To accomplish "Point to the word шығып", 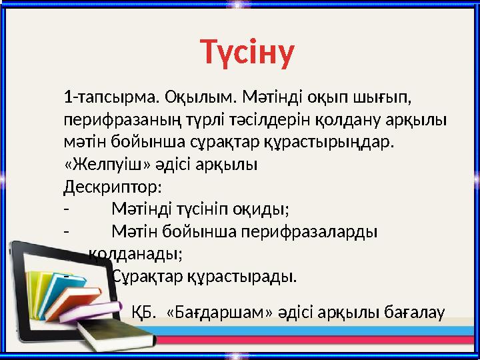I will (387, 98).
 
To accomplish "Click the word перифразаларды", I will (317, 231).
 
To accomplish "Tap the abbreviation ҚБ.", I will (143, 311).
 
